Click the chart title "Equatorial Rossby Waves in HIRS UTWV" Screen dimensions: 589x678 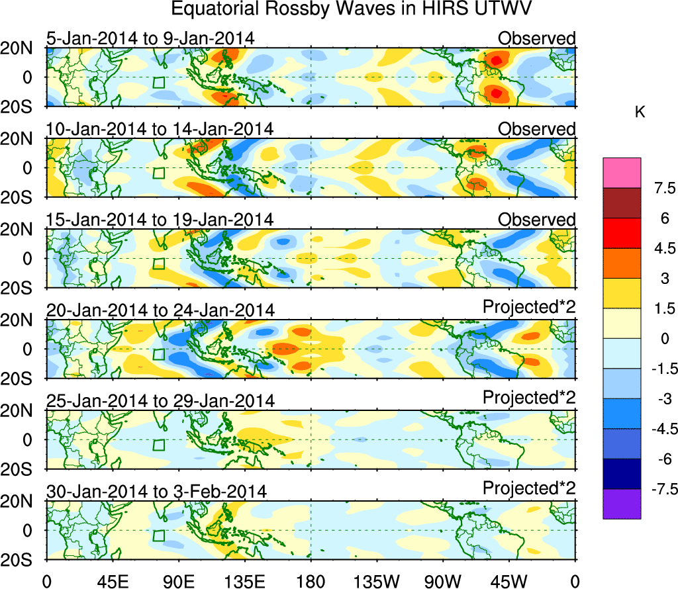pyautogui.click(x=339, y=10)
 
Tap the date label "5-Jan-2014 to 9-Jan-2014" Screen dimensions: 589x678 pyautogui.click(x=150, y=38)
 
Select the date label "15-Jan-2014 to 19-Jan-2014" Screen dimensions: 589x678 pyautogui.click(x=160, y=219)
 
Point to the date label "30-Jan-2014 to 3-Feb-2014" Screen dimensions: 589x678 pyautogui.click(x=156, y=492)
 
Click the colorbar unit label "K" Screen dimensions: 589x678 pyautogui.click(x=640, y=113)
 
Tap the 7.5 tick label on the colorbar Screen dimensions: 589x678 pyautogui.click(x=660, y=189)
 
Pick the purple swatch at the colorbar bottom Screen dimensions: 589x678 pyautogui.click(x=622, y=504)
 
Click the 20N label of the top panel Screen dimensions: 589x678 pyautogui.click(x=23, y=48)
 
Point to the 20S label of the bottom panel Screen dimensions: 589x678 pyautogui.click(x=23, y=560)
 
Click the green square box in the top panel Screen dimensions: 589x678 pyautogui.click(x=158, y=82)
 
